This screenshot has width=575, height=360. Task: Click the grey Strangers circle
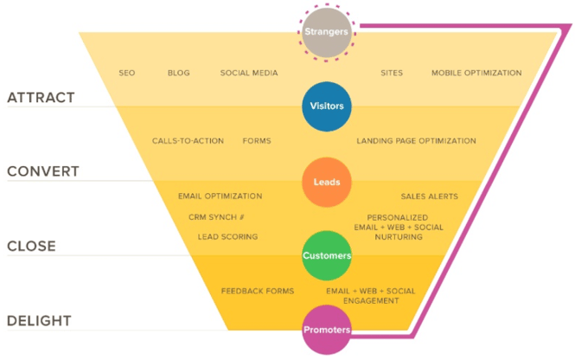point(326,32)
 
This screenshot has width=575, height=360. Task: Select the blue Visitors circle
point(327,106)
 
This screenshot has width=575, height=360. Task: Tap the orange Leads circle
point(327,182)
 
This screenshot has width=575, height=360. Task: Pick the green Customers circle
point(327,255)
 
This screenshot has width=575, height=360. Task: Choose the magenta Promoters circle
point(327,330)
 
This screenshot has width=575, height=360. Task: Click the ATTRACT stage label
point(42,98)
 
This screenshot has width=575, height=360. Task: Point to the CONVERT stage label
point(43,171)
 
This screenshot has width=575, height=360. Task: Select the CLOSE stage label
point(31,246)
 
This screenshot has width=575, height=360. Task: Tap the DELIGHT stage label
point(39,321)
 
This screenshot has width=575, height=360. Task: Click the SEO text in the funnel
point(127,73)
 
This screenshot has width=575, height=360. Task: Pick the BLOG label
point(179,73)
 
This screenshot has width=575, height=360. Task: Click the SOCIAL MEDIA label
point(249,73)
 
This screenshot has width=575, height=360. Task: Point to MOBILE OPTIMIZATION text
point(476,73)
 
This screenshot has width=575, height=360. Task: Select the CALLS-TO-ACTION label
point(188,141)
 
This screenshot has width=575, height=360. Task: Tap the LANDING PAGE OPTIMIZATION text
point(416,141)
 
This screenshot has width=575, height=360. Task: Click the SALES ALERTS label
point(430,196)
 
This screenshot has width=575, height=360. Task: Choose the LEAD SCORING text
point(227,237)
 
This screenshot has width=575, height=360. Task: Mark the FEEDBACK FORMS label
point(258,291)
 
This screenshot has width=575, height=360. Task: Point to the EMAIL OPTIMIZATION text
point(220,196)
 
